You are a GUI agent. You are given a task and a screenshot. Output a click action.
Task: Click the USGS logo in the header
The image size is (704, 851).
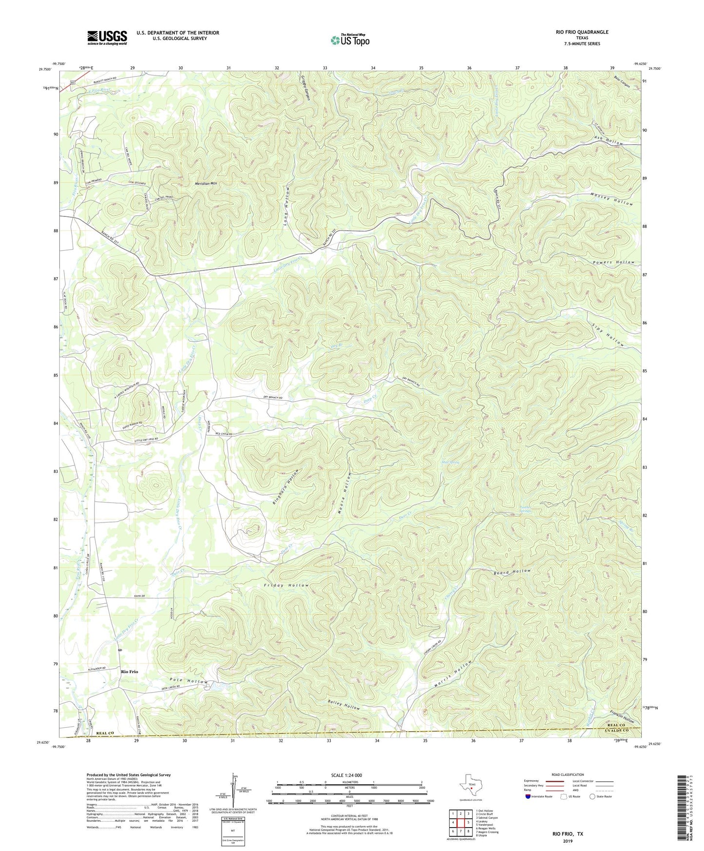click(x=107, y=37)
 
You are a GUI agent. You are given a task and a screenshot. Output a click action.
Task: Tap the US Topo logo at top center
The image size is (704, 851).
click(x=350, y=40)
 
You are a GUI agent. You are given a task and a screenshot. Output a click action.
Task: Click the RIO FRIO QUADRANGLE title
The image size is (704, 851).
click(x=582, y=32)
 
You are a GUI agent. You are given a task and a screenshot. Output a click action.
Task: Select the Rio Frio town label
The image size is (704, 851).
click(x=130, y=672)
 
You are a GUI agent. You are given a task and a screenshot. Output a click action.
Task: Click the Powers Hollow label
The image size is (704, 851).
click(x=614, y=262)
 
